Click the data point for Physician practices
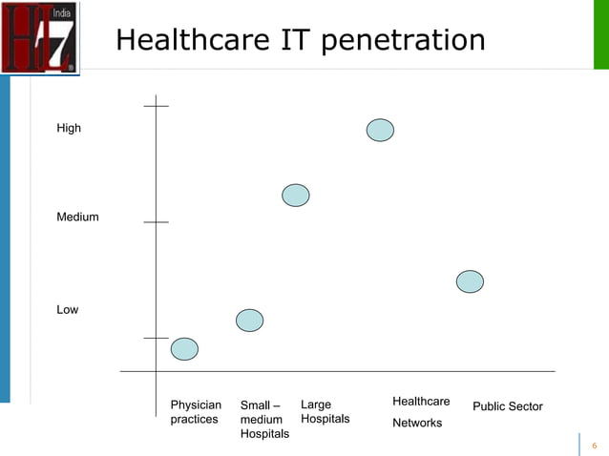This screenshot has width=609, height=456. [x=184, y=349]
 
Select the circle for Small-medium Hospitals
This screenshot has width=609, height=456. [x=249, y=321]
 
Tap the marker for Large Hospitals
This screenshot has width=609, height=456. [x=296, y=195]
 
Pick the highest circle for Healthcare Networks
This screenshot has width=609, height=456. [x=380, y=130]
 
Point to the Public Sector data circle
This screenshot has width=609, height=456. [x=470, y=281]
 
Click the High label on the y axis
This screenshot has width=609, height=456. [x=69, y=129]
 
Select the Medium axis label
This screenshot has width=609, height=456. [x=77, y=218]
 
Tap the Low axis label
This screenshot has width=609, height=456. [x=67, y=310]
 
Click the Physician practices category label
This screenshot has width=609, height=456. [x=195, y=412]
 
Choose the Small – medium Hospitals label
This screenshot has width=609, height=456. [x=264, y=420]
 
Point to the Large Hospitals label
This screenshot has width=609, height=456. [x=325, y=412]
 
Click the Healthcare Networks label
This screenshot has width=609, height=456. [x=420, y=411]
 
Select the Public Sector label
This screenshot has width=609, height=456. [x=508, y=407]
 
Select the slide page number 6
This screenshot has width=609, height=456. [x=594, y=446]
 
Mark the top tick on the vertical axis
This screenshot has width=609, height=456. [x=156, y=107]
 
